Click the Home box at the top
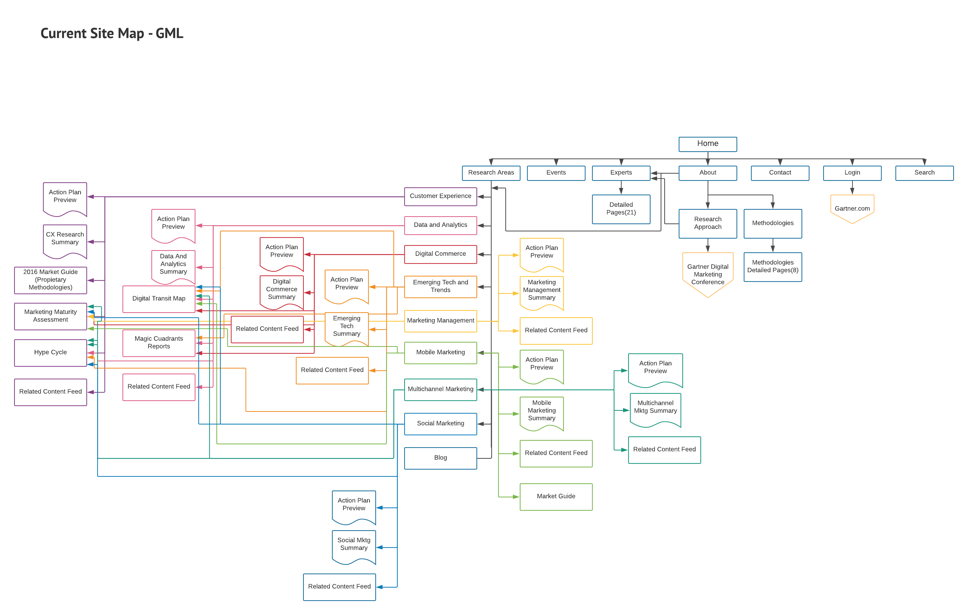[708, 144]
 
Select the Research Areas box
[491, 173]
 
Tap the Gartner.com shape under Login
[852, 208]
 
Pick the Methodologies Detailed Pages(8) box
[772, 266]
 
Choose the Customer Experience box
[440, 196]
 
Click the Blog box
[440, 458]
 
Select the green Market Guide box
[556, 496]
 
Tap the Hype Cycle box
[50, 352]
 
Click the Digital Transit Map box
[159, 298]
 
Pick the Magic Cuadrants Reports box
[159, 342]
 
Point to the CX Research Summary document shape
[65, 239]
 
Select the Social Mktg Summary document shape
[354, 544]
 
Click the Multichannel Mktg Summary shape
[655, 407]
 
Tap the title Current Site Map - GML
[112, 33]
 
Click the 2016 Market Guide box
[50, 280]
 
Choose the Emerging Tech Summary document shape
[346, 326]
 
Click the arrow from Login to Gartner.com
[852, 188]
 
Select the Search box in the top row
[924, 173]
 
